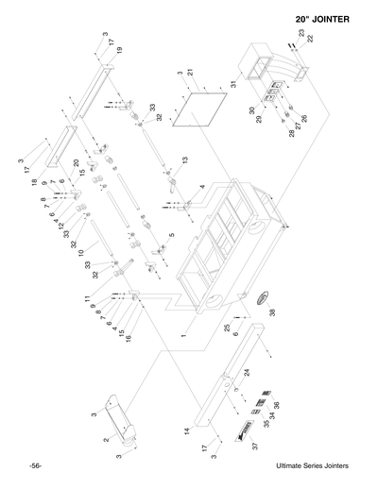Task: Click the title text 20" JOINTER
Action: tap(329, 19)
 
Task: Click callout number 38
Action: tap(271, 312)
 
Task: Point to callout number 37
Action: tap(254, 444)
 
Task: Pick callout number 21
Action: tap(190, 72)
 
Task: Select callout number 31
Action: tap(233, 87)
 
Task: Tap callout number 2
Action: tap(106, 440)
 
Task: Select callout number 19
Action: tap(120, 49)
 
